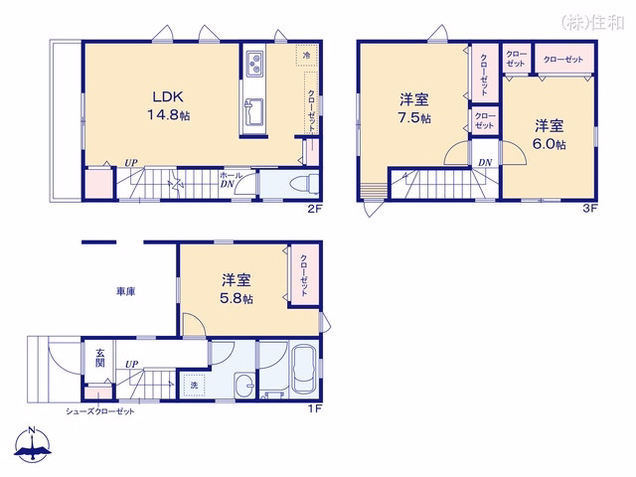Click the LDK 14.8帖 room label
[168, 105]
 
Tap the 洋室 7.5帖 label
[414, 108]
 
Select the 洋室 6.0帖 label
[550, 135]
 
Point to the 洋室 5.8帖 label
[237, 289]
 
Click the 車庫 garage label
[126, 291]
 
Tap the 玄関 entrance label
[100, 358]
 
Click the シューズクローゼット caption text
[99, 411]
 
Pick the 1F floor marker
[314, 408]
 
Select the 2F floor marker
[315, 209]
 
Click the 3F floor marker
[590, 209]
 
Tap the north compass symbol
[33, 445]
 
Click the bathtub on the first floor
[305, 370]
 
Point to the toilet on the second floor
[305, 183]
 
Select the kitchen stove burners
[255, 64]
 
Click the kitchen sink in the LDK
[253, 111]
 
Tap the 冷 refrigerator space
[307, 55]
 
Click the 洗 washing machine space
[194, 385]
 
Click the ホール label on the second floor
[231, 176]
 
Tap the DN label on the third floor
[485, 163]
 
